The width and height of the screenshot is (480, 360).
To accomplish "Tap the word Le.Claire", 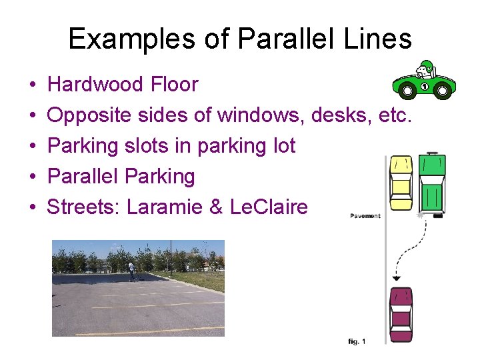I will coord(268,207).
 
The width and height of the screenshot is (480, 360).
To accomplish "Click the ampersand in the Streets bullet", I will coord(215,207).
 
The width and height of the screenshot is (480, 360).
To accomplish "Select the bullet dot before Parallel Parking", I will coord(32,177).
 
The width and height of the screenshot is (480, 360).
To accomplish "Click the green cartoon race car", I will coord(424,81).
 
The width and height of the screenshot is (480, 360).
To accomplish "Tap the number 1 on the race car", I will coord(423,86).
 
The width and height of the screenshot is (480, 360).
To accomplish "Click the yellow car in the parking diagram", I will coord(401,183).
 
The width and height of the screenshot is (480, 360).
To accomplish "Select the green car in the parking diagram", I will coord(433,183).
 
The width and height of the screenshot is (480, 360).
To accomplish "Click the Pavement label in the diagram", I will coord(365,215).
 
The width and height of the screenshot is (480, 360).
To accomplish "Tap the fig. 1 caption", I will coord(357,341).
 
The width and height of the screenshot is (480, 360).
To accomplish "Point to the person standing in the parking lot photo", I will coord(132,270).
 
